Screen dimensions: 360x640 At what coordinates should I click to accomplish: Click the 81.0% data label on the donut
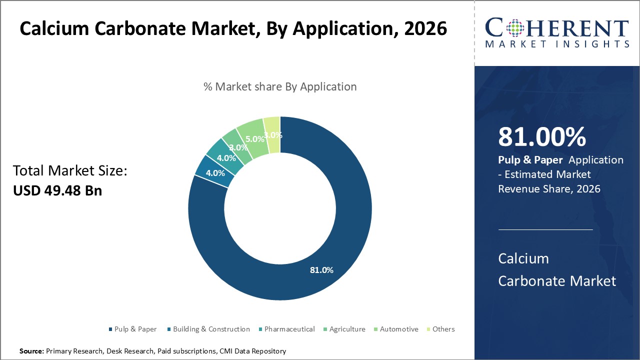point(321,270)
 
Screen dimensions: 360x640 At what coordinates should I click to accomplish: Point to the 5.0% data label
point(254,139)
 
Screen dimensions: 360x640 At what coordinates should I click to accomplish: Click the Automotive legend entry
point(398,329)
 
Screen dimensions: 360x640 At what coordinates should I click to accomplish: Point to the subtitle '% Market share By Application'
point(280,86)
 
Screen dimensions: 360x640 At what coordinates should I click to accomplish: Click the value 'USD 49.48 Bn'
point(57,190)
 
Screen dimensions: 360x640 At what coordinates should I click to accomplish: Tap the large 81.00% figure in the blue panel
point(542,137)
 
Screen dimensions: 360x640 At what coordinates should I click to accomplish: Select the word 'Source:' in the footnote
point(31,351)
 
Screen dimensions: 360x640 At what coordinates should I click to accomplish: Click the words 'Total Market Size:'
point(70,171)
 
